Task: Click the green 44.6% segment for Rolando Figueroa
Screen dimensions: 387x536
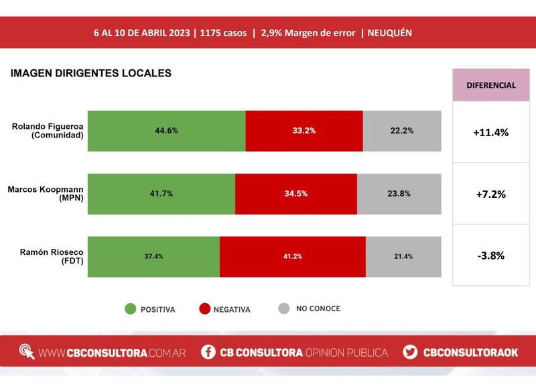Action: pyautogui.click(x=166, y=131)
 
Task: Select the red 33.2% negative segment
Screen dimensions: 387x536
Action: pyautogui.click(x=304, y=131)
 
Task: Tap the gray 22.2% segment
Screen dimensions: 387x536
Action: pyautogui.click(x=402, y=131)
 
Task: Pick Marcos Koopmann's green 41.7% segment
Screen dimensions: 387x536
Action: pyautogui.click(x=161, y=194)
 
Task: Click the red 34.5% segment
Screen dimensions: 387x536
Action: pyautogui.click(x=295, y=194)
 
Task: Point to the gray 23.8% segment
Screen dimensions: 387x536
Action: pyautogui.click(x=399, y=194)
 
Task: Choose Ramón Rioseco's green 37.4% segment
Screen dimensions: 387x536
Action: pyautogui.click(x=153, y=256)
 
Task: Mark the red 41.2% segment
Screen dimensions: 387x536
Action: pyautogui.click(x=292, y=256)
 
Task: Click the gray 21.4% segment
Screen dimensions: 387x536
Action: pyautogui.click(x=403, y=256)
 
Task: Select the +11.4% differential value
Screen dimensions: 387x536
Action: pyautogui.click(x=490, y=132)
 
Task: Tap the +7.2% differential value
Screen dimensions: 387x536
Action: pyautogui.click(x=490, y=195)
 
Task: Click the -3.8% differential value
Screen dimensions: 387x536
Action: pyautogui.click(x=490, y=256)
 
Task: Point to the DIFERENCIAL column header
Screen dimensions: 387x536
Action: pyautogui.click(x=490, y=85)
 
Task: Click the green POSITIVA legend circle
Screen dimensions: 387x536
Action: pyautogui.click(x=130, y=309)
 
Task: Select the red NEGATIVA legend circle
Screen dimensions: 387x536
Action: pyautogui.click(x=204, y=309)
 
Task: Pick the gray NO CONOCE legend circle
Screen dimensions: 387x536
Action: pyautogui.click(x=284, y=309)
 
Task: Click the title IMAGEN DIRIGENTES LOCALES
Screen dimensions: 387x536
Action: pyautogui.click(x=90, y=73)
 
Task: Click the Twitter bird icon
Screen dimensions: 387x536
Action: pyautogui.click(x=411, y=352)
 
